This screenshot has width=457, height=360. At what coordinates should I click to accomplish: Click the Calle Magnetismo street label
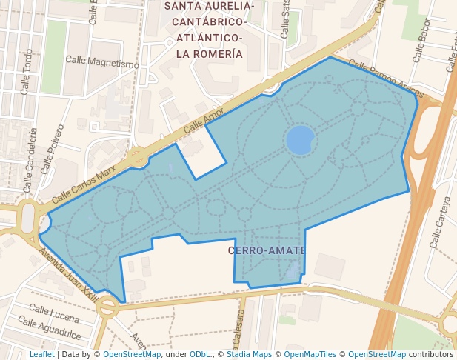(x=101, y=61)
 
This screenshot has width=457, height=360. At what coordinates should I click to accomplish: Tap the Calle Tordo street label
(x=27, y=72)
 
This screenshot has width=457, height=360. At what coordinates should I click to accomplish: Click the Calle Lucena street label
(x=54, y=313)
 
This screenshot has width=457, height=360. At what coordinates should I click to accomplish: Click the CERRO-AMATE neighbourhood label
(x=263, y=250)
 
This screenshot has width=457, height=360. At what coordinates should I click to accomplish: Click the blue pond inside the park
(x=300, y=139)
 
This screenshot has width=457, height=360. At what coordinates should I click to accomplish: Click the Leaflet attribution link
(x=42, y=355)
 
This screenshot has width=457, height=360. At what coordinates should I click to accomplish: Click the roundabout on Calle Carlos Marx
(x=137, y=157)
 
